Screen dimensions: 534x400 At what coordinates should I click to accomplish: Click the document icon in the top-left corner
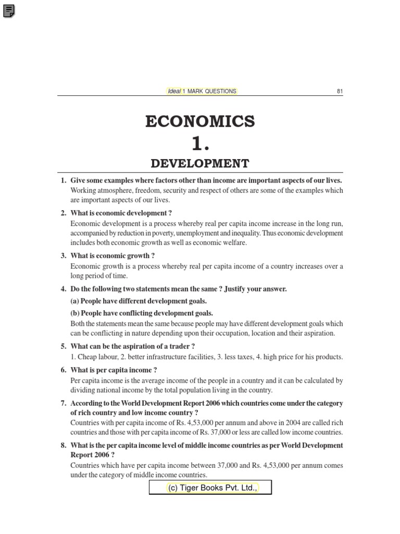(9, 9)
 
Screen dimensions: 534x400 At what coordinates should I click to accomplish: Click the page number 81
(340, 91)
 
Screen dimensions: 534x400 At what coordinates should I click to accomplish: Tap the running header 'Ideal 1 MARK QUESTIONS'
(202, 91)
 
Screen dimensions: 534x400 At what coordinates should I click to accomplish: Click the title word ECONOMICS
(200, 122)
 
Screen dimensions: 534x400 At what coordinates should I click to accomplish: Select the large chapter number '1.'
(200, 142)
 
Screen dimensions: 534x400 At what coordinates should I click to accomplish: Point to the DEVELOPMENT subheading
(200, 164)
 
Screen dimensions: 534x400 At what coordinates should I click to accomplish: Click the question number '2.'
(64, 213)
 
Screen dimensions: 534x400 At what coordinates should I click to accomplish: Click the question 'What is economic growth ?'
(113, 256)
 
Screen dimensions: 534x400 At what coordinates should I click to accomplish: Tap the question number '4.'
(64, 289)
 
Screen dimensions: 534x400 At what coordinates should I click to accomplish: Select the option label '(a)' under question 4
(75, 301)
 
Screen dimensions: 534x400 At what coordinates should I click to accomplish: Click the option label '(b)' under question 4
(75, 313)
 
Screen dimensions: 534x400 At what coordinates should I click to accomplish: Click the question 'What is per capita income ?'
(114, 370)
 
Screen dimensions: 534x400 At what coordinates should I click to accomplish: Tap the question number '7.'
(64, 404)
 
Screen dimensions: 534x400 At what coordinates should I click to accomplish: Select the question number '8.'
(64, 445)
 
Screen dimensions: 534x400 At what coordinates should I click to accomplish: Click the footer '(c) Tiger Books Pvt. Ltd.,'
(210, 488)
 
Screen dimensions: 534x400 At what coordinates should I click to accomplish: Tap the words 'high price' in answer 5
(273, 357)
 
